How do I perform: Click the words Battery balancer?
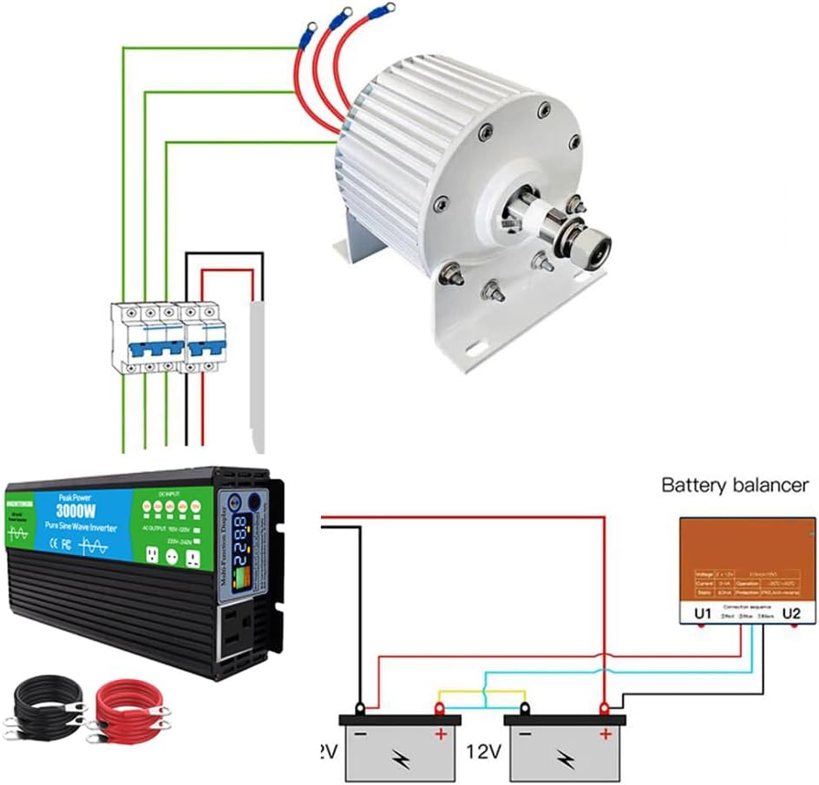735,485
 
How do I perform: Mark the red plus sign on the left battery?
440,735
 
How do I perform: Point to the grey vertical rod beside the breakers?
257,374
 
